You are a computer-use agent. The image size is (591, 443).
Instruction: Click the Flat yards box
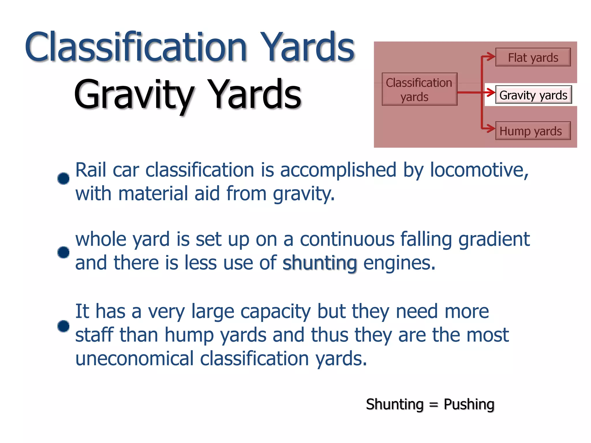(533, 57)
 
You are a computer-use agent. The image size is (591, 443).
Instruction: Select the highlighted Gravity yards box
(533, 95)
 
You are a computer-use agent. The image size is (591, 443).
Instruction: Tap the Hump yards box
(533, 131)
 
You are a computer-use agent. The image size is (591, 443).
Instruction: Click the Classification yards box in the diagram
(419, 89)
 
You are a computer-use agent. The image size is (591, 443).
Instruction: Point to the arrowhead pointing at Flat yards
(491, 57)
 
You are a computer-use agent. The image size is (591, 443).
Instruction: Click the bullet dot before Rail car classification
(63, 178)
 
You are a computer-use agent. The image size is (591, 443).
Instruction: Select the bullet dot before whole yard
(63, 252)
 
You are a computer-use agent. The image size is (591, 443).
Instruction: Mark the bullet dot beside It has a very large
(63, 326)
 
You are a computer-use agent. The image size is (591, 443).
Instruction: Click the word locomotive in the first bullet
(479, 170)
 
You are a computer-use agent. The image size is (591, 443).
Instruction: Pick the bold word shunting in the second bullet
(320, 263)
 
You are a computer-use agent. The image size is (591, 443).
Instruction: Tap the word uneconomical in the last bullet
(134, 359)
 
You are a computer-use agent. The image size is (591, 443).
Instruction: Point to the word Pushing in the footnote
(469, 404)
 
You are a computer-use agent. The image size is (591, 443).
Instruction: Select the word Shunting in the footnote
(394, 404)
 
